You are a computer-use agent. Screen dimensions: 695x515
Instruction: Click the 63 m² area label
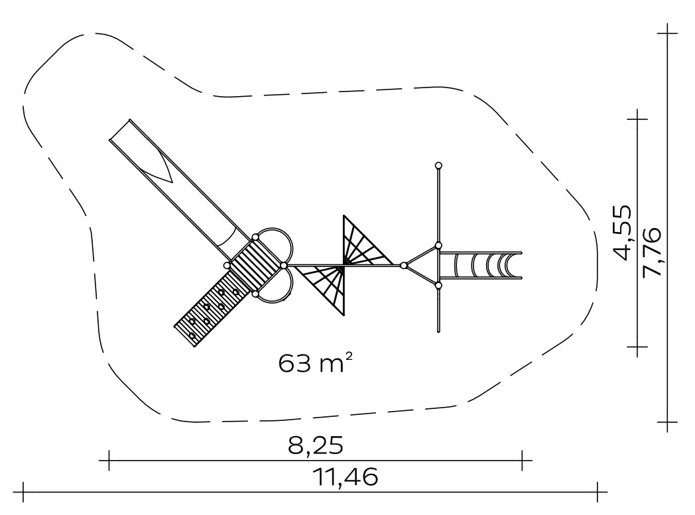pos(316,363)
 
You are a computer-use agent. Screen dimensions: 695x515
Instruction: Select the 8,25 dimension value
pos(316,445)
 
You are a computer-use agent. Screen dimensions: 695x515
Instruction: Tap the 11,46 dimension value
pos(346,477)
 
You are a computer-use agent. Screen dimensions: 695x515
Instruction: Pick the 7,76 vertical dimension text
pos(651,251)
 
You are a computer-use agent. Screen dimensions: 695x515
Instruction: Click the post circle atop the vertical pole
pos(438,166)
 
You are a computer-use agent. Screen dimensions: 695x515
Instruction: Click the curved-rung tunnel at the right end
pos(481,265)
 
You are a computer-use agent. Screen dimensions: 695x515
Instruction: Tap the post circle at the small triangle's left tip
pos(403,265)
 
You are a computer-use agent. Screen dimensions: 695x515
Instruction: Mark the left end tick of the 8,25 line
pos(109,461)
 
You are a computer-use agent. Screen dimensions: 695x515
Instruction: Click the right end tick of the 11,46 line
pos(598,492)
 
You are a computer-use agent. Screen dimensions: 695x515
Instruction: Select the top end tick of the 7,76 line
pos(668,33)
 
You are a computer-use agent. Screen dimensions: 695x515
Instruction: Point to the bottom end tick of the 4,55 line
pos(637,346)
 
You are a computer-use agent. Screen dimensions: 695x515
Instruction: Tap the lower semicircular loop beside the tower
pos(279,298)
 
